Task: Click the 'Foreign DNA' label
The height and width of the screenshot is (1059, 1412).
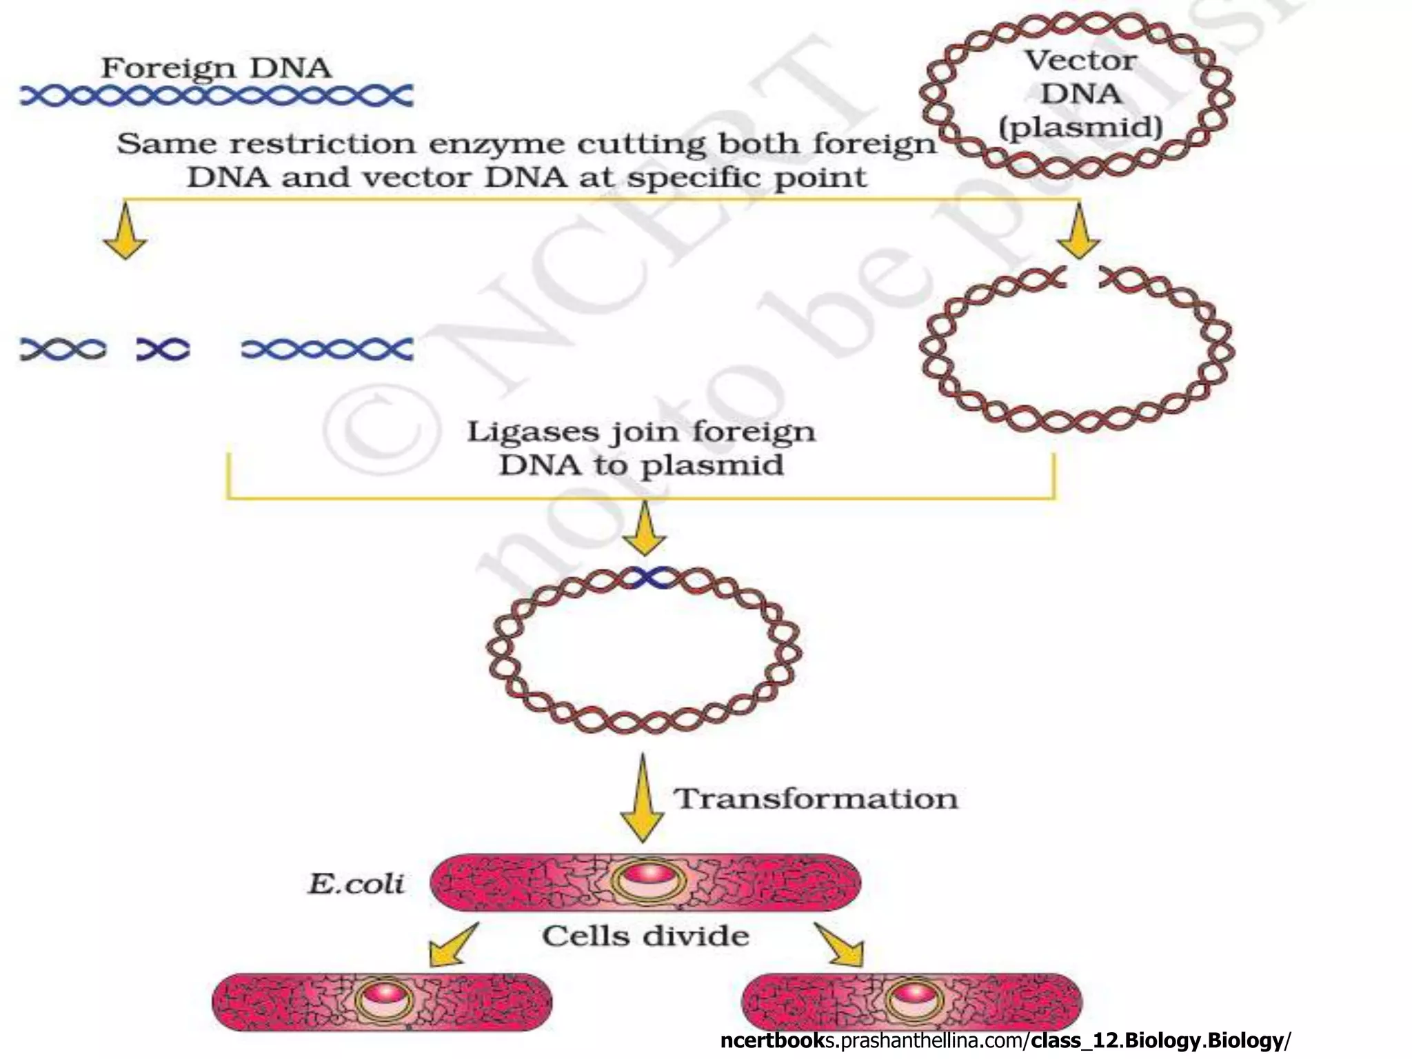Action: (x=216, y=68)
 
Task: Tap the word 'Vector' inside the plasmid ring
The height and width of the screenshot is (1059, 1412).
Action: (x=1080, y=61)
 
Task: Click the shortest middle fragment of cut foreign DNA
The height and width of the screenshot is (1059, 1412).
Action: (x=163, y=350)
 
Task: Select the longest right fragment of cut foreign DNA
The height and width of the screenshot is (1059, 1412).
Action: (x=327, y=349)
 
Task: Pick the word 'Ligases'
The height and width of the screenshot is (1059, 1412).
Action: (x=532, y=432)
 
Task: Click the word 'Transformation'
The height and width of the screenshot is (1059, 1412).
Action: (x=816, y=799)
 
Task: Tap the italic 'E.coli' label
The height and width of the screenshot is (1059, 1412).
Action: (x=356, y=884)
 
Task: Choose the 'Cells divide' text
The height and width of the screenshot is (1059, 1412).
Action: (x=645, y=936)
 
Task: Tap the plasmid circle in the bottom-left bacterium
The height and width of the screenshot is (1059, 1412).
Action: (x=384, y=999)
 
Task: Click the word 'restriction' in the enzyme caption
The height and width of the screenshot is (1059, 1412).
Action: (x=323, y=144)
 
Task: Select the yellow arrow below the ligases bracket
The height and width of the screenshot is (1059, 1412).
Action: (x=645, y=529)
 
